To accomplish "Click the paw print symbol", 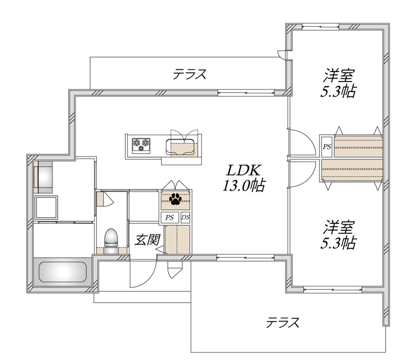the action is (175, 199).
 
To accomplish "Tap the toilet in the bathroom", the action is (111, 241).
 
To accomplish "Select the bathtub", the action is (63, 272).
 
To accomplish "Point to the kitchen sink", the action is (180, 147).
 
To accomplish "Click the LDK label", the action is (243, 171).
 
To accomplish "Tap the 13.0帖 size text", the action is (244, 185).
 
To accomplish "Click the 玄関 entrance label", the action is (147, 240).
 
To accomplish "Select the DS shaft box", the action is (186, 217).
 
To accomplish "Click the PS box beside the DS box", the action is (170, 218).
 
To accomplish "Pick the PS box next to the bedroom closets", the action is (327, 147).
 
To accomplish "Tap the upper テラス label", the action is (190, 74).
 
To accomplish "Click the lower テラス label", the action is (283, 322).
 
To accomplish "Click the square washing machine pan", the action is (46, 207).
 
